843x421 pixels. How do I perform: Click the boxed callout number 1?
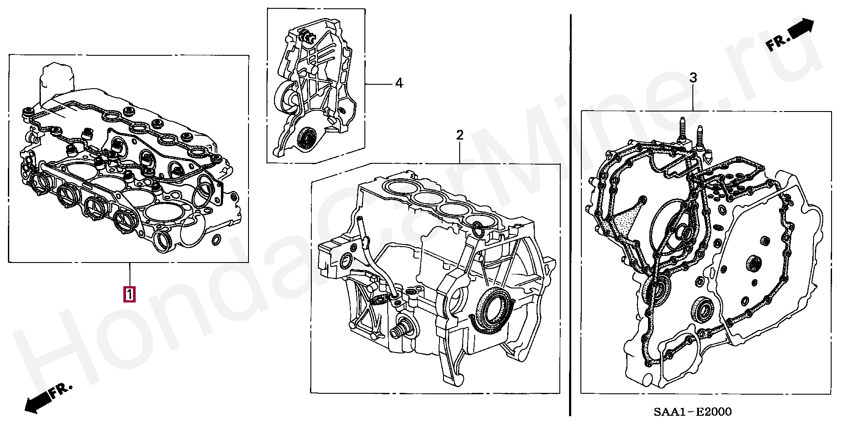pos(130,294)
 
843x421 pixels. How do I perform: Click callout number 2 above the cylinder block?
pos(460,135)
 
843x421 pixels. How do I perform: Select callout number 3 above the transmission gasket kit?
pos(693,78)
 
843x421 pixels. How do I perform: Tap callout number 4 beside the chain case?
pos(399,83)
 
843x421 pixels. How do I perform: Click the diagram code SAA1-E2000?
pos(692,411)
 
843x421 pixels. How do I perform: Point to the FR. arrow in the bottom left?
pos(48,398)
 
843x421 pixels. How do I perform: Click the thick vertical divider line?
pos(570,215)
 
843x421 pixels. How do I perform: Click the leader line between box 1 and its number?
pos(130,275)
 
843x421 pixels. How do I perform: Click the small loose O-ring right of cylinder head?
pos(216,240)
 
